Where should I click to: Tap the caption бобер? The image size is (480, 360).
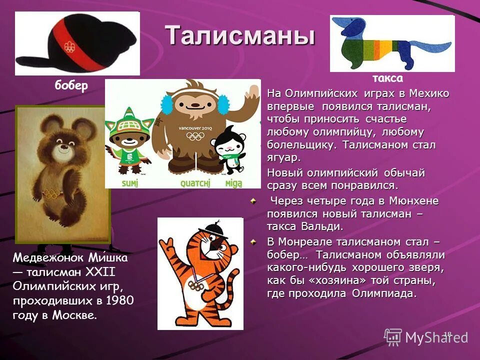coord(71,85)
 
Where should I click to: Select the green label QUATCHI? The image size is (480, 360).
coord(188,183)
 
